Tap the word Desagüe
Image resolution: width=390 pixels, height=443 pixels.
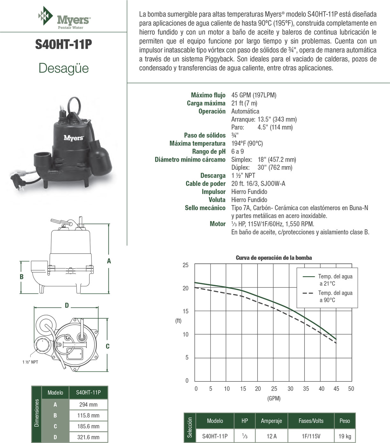coord(64,68)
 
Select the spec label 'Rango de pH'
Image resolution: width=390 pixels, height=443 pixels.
coord(209,151)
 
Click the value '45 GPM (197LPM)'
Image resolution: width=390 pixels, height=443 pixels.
coord(254,95)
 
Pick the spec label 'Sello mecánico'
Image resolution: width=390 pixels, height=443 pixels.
coord(205,208)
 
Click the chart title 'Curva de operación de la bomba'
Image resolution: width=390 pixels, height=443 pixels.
coord(274,258)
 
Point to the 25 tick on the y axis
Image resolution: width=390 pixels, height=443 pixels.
coord(185,265)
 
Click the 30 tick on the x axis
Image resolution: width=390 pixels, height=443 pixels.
coord(290,389)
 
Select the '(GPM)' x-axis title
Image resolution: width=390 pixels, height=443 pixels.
coord(274,398)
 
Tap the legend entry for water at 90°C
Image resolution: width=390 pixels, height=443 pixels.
coord(335,296)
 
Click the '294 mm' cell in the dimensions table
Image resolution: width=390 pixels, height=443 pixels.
coord(88,404)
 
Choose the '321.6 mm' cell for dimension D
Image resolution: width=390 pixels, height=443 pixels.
coord(88,437)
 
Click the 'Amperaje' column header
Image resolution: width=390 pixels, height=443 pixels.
coord(271,421)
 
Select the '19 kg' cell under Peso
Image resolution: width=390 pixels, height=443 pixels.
coord(344,436)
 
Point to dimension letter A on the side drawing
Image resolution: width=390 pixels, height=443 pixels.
coord(109,261)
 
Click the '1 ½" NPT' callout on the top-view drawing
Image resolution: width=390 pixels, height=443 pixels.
coord(30,362)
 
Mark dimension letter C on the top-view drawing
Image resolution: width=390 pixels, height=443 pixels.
coord(108,346)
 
